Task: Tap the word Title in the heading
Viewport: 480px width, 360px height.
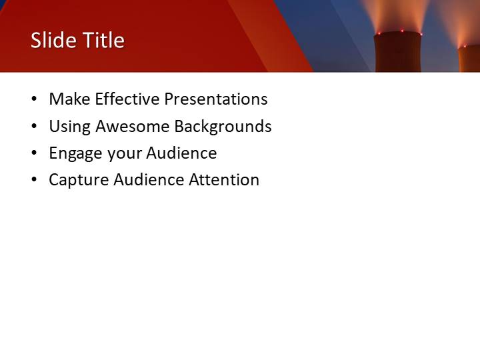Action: click(x=101, y=40)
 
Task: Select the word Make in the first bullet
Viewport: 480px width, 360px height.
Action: click(x=69, y=99)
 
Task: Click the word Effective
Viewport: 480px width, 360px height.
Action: click(x=127, y=99)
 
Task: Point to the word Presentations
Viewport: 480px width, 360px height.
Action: click(x=216, y=99)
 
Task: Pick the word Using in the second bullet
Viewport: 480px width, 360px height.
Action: click(x=70, y=127)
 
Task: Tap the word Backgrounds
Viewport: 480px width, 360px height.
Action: click(x=223, y=126)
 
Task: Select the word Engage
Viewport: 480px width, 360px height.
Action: click(x=75, y=153)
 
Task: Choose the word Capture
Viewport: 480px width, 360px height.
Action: click(x=79, y=180)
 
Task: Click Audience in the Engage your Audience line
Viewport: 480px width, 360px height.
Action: click(x=181, y=153)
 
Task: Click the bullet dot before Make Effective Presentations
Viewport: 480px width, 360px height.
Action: click(x=34, y=100)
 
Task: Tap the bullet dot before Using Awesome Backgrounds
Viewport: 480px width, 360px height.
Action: click(x=34, y=127)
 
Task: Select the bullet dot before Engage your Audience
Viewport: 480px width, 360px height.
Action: click(x=34, y=153)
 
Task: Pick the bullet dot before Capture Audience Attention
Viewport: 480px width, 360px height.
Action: click(x=34, y=180)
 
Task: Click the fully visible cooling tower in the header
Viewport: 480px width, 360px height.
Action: click(x=398, y=53)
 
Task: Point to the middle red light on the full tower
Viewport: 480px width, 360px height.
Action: click(x=402, y=31)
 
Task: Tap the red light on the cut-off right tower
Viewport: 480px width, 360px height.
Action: click(x=464, y=46)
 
